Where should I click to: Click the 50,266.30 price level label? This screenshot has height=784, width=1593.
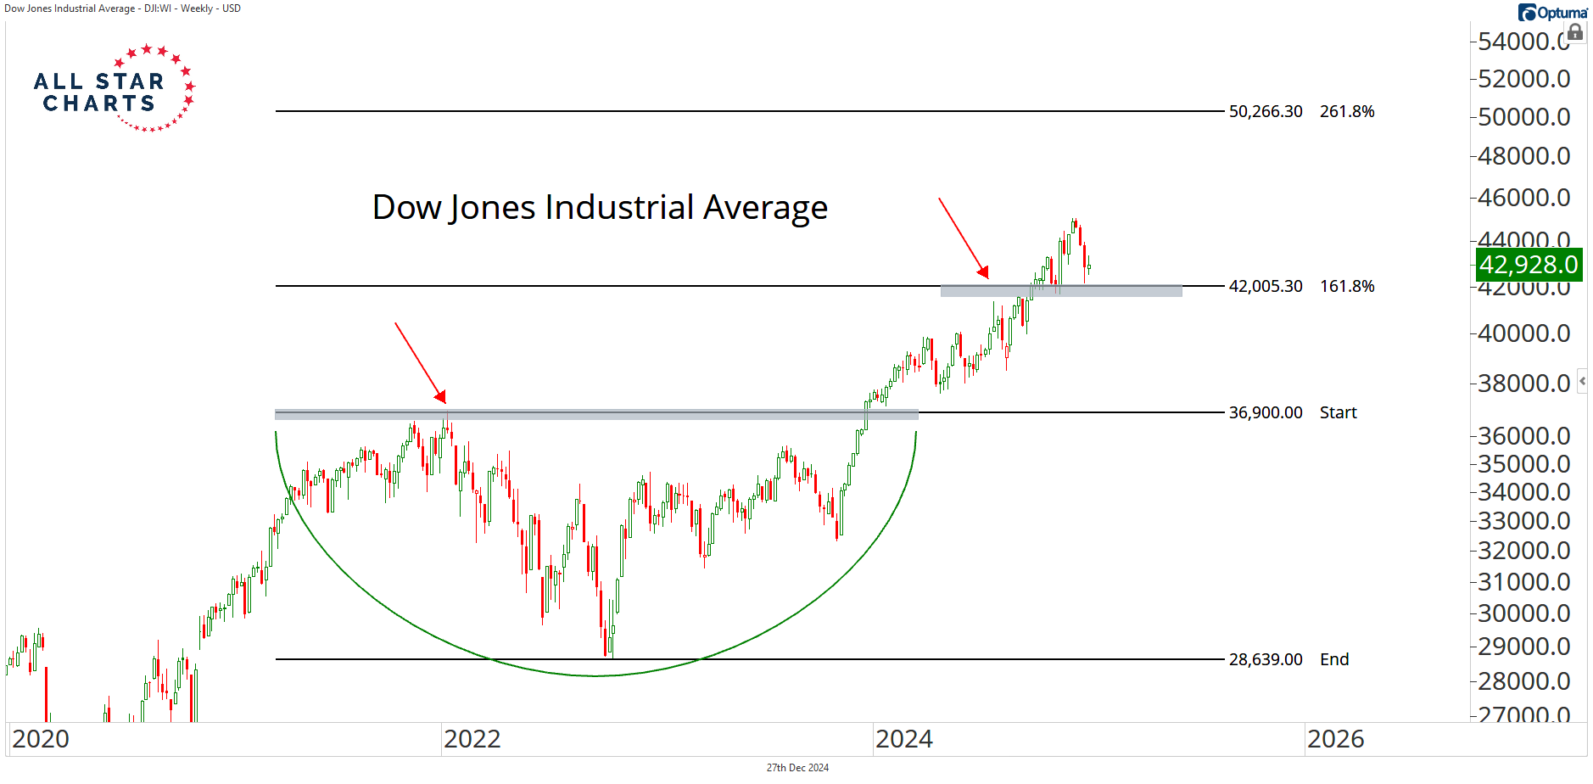(1265, 111)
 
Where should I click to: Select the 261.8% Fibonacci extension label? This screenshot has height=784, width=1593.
(1346, 111)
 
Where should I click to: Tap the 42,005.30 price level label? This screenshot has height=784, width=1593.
(1265, 286)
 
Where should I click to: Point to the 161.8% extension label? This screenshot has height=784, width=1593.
(1346, 286)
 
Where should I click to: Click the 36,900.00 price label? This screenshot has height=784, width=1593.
(1265, 412)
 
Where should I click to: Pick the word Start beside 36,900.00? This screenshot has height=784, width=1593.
(1338, 412)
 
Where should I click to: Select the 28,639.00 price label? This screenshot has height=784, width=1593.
(1265, 659)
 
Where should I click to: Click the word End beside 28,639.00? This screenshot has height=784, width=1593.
(1333, 659)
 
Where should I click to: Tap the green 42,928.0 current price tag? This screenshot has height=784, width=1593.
(1529, 265)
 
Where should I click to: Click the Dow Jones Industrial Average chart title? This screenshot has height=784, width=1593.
(600, 207)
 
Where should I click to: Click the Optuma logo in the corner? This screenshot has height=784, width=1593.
(1552, 12)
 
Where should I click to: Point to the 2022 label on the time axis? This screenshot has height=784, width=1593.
(472, 739)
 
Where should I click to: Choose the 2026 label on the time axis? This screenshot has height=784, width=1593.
(1335, 739)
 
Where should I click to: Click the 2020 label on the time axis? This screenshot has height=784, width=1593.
(41, 739)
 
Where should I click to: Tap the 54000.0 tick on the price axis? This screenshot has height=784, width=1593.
(1523, 41)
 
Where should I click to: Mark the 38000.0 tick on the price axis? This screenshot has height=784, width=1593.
(1523, 384)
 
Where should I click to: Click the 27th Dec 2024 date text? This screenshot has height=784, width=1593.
(797, 768)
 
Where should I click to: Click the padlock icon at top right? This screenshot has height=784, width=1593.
(1575, 33)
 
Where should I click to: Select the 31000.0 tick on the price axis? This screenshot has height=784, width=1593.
(1523, 582)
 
